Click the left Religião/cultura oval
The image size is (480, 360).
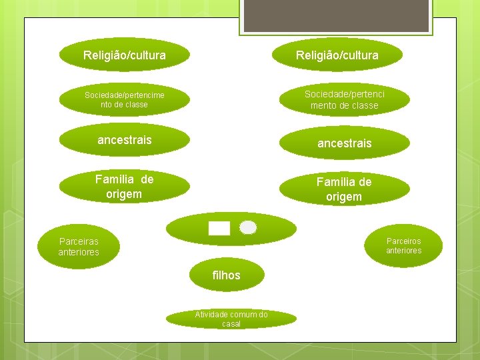(125, 55)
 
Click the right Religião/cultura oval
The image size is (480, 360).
(337, 55)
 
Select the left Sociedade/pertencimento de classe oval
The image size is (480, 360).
(125, 100)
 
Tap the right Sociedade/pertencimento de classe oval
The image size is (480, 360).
(345, 100)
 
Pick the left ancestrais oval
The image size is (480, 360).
(125, 140)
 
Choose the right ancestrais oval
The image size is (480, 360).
(345, 143)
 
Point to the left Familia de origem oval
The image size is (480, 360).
(125, 187)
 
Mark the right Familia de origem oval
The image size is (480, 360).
(345, 188)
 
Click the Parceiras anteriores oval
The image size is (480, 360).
(79, 246)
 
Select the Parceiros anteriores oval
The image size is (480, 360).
(404, 245)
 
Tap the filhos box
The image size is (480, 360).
(227, 275)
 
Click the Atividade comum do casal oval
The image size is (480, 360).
(231, 319)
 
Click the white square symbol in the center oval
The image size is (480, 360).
(219, 229)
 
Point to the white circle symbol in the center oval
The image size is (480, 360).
(248, 227)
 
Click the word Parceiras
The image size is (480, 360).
(79, 241)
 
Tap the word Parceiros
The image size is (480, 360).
(404, 241)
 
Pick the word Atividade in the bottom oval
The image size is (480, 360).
(211, 314)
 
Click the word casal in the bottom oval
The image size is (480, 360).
(231, 324)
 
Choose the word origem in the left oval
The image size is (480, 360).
(124, 194)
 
